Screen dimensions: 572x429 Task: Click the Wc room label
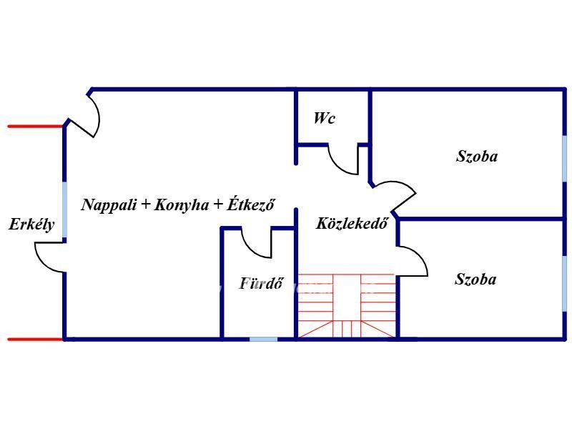pos(325,118)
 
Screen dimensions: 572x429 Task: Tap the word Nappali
pos(109,204)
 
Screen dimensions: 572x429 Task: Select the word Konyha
pos(182,205)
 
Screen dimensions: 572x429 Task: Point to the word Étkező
pos(251,204)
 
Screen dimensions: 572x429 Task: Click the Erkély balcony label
pos(31,225)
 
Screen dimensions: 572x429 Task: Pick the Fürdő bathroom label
pos(261,283)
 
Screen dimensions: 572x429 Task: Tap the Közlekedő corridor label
pos(352,223)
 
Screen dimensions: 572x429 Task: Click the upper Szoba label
pos(477,156)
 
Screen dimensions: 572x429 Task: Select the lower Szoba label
pos(475,280)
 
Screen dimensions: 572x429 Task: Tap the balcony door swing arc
pos(41,263)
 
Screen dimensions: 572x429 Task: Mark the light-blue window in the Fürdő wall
pos(263,339)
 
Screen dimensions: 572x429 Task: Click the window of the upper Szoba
pos(565,159)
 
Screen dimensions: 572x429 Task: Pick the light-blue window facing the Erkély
pos(64,209)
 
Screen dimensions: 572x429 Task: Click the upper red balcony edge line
pos(35,127)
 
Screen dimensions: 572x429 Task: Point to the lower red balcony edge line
pos(35,339)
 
